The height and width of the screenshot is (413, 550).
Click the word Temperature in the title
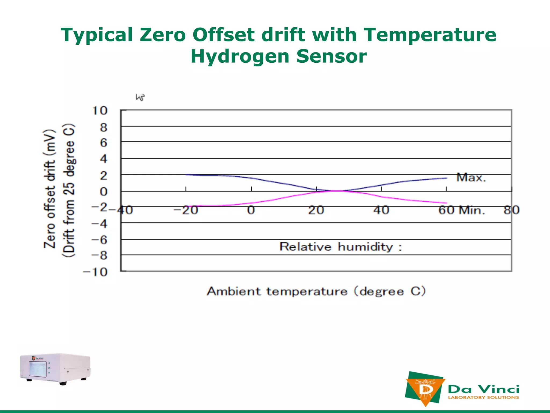(x=430, y=35)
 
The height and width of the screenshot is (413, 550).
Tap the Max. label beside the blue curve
(x=471, y=177)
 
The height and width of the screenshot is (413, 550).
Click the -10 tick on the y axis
(x=96, y=272)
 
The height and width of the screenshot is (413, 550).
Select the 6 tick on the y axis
(x=104, y=143)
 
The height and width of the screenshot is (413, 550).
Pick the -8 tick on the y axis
(x=99, y=255)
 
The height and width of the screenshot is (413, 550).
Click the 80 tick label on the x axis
(x=512, y=210)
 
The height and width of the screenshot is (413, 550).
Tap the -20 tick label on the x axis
(x=186, y=210)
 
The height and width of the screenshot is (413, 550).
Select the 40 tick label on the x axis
(x=381, y=210)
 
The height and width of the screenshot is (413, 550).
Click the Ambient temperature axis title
(x=316, y=291)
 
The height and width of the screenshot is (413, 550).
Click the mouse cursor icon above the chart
(x=140, y=97)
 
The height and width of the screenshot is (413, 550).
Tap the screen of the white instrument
(x=38, y=369)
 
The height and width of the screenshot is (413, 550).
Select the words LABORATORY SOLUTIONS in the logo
(x=483, y=397)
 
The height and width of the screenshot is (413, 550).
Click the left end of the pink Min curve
(x=186, y=206)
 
